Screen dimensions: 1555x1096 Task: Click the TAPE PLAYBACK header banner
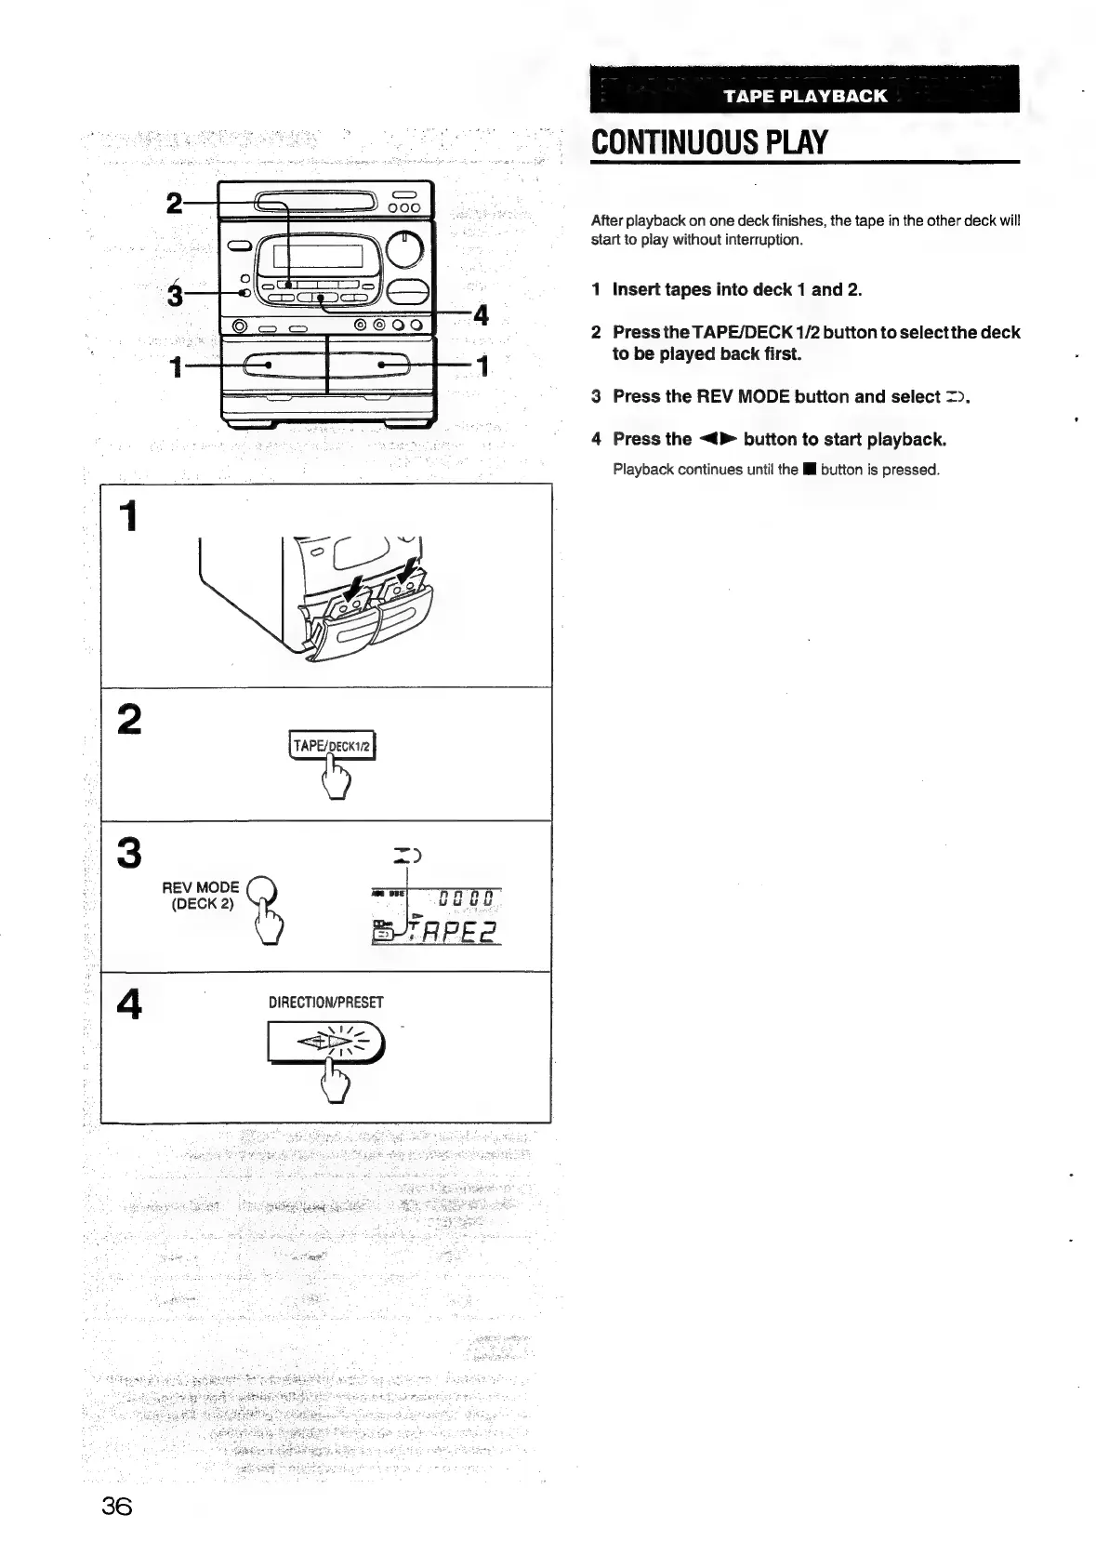click(805, 96)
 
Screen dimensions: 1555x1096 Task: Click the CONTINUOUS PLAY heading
click(709, 142)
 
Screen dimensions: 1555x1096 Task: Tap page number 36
click(117, 1505)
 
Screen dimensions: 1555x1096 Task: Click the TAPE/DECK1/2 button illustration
click(333, 746)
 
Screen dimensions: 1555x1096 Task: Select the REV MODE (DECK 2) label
click(201, 895)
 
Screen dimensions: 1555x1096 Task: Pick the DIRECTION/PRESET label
click(325, 1003)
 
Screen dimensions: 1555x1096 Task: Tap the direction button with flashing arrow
click(325, 1042)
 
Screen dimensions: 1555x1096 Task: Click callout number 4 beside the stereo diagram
click(481, 315)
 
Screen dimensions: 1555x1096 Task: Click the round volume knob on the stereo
click(404, 247)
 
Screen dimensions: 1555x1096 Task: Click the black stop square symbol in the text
click(810, 470)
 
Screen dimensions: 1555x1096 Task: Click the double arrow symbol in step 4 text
click(718, 439)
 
